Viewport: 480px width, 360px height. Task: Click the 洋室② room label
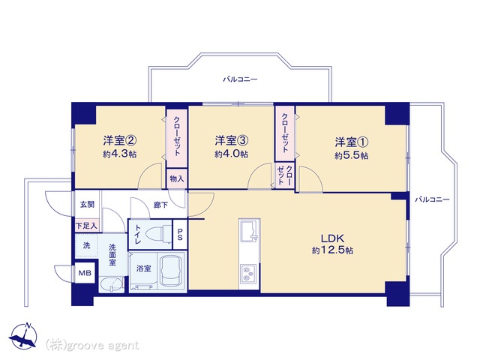[x=120, y=141]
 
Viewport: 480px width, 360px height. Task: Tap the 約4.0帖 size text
[x=232, y=154]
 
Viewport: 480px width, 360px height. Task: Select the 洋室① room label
[x=352, y=142]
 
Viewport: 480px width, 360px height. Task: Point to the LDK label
[x=332, y=238]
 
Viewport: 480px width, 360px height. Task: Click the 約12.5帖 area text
[x=332, y=250]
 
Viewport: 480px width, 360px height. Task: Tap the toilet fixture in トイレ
[x=158, y=235]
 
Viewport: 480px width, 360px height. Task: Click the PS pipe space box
[x=180, y=234]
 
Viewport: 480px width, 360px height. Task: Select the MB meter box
[x=85, y=272]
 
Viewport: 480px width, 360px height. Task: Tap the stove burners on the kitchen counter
[x=248, y=273]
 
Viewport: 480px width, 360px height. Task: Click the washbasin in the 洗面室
[x=111, y=285]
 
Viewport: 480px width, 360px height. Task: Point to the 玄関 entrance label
[x=87, y=204]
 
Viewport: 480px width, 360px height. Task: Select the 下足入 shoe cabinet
[x=87, y=226]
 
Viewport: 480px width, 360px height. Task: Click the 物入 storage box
[x=177, y=178]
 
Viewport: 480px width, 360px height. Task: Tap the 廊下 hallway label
[x=160, y=205]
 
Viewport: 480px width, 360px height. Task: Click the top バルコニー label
[x=240, y=79]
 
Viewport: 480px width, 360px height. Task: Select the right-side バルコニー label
[x=432, y=200]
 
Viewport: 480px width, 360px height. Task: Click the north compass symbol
[x=23, y=336]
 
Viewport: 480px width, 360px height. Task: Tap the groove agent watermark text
[x=91, y=345]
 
